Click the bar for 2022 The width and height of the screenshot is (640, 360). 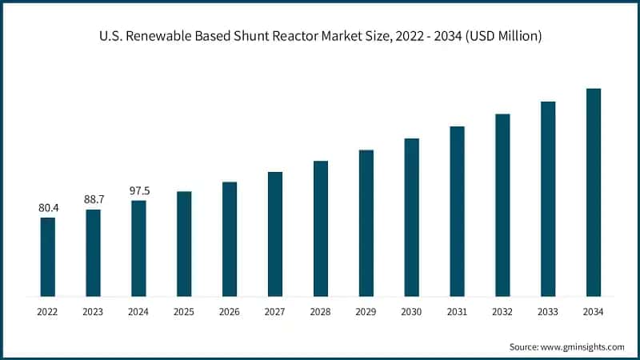[48, 257]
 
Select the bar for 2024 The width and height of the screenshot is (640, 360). [139, 248]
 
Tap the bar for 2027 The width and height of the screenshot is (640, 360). [275, 234]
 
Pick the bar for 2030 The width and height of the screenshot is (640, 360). [412, 217]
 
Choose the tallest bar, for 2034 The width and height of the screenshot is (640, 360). [594, 192]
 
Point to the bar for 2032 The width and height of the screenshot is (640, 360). [502, 205]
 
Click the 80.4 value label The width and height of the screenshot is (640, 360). [48, 208]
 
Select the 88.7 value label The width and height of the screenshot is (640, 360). [94, 199]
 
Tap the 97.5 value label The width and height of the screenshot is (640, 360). [139, 190]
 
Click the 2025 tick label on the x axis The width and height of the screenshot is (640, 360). [184, 311]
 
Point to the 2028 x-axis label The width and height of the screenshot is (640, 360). [321, 311]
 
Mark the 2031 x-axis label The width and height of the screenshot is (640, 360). [457, 311]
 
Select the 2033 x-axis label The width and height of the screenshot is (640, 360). [548, 311]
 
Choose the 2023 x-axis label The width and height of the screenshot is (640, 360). [94, 311]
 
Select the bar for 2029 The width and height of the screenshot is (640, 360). [366, 223]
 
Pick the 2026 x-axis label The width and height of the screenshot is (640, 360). [230, 311]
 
